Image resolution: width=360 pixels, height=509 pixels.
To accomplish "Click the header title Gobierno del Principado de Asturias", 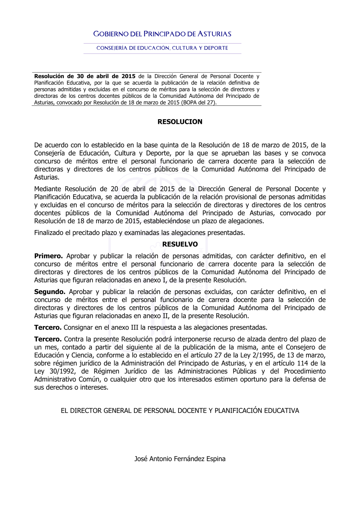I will pos(162,34).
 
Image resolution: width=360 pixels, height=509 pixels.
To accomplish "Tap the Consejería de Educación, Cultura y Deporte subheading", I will pos(162,48).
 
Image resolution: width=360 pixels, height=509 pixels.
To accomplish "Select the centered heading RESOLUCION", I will pos(180,122).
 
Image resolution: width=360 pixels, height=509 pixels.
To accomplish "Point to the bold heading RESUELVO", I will pos(180,244).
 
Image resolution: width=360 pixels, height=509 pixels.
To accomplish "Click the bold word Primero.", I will pos(48,256).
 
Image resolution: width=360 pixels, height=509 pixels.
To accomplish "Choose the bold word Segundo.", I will pos(50,292).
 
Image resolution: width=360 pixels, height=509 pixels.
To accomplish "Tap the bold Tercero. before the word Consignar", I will pos(48,328).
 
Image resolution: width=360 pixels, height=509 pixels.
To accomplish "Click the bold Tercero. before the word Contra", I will pos(48,339).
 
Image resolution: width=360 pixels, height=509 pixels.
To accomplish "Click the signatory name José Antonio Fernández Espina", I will pos(180,459).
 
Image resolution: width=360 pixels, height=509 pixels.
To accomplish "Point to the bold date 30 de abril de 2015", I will pos(106,76).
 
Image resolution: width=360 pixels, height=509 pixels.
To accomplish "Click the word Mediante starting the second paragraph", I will pos(48,189).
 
